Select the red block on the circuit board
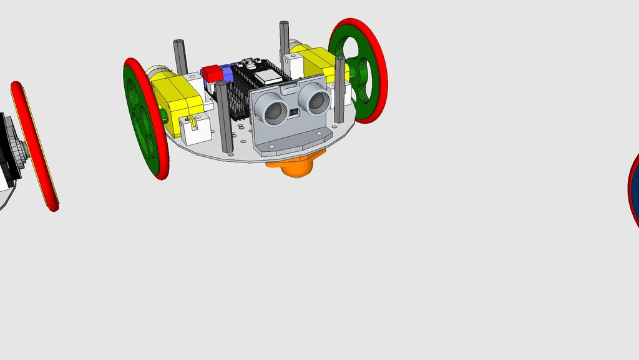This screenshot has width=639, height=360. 213,74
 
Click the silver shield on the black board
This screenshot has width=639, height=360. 268,76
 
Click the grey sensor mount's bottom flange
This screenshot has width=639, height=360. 293,142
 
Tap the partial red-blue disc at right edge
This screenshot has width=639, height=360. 634,187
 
